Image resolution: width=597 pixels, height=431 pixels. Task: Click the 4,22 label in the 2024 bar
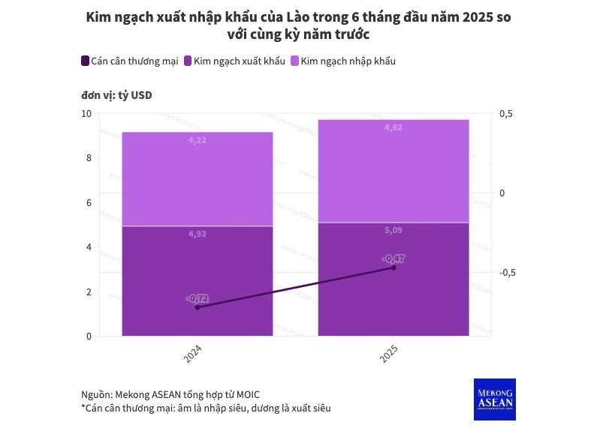[x=197, y=140]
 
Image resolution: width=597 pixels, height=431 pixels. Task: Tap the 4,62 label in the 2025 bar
[x=393, y=128]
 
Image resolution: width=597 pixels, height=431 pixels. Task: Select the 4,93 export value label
[x=197, y=234]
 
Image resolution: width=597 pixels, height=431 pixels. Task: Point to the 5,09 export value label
[x=393, y=231]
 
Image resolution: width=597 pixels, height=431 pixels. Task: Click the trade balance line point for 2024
[x=197, y=307]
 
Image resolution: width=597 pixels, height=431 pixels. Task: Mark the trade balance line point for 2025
[x=393, y=268]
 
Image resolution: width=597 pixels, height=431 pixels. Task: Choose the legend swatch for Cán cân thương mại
[x=84, y=61]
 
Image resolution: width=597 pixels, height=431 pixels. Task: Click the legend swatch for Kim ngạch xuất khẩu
[x=188, y=61]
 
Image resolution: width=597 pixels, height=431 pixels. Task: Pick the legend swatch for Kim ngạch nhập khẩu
[x=294, y=61]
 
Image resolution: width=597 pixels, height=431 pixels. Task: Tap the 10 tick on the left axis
[x=86, y=113]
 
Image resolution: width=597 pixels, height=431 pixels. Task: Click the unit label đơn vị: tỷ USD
[x=116, y=95]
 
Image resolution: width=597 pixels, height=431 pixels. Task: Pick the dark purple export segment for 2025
[x=393, y=300]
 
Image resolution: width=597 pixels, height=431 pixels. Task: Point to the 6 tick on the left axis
[x=89, y=202]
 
